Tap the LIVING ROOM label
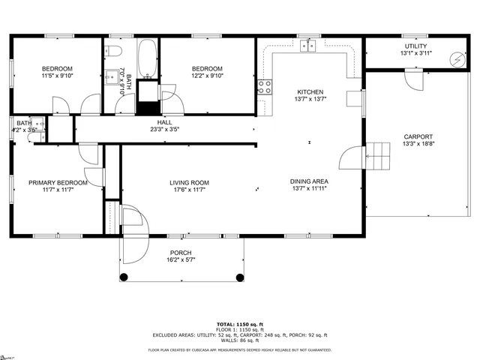click(x=189, y=182)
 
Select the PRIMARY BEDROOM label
click(x=58, y=182)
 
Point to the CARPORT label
click(x=418, y=136)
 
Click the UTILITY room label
click(x=415, y=46)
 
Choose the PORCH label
click(x=180, y=253)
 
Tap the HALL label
click(x=164, y=121)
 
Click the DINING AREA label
click(x=309, y=181)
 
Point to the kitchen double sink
click(x=309, y=46)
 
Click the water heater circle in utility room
click(x=456, y=59)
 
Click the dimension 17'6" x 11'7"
click(x=189, y=190)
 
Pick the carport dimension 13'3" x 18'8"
click(x=418, y=144)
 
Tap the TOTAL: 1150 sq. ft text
click(x=239, y=324)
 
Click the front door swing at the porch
click(x=135, y=221)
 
